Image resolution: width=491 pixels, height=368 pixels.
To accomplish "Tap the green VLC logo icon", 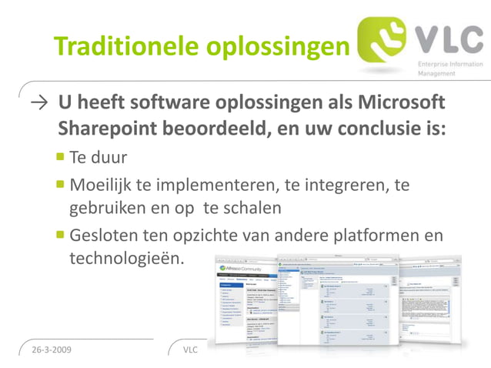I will point(386,42).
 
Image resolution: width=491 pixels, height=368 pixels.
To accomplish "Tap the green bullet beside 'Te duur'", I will point(60,157).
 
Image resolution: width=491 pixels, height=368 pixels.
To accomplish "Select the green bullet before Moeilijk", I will point(60,184).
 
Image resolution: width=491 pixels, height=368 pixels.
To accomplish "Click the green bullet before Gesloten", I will point(60,234).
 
